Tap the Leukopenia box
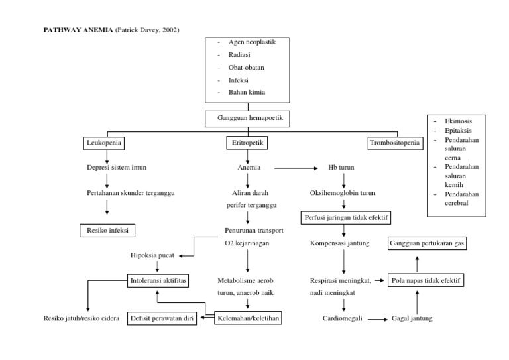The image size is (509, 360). click(x=105, y=143)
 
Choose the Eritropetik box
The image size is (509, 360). click(x=247, y=143)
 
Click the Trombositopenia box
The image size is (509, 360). click(x=394, y=143)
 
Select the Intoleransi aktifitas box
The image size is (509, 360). click(x=158, y=280)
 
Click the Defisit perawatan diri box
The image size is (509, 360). click(x=162, y=318)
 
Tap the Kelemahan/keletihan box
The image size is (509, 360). click(x=249, y=318)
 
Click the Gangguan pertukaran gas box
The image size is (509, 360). click(x=427, y=243)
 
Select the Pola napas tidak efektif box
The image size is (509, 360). click(x=425, y=280)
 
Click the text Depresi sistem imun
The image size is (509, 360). click(x=117, y=168)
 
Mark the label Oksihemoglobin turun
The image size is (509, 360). click(x=343, y=193)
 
